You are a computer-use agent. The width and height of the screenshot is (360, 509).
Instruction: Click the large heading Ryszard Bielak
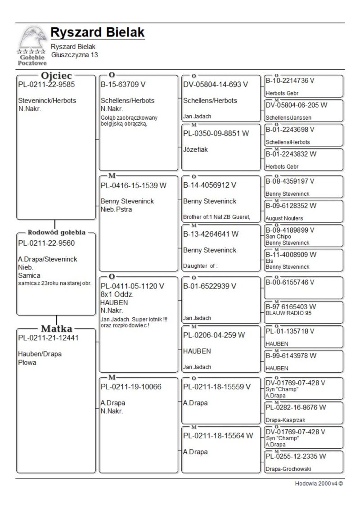point(98,32)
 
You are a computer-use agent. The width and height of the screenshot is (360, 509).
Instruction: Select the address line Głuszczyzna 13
point(74,55)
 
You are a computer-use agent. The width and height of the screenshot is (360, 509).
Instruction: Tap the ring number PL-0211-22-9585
point(46,84)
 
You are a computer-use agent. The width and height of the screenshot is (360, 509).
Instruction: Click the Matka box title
point(57,329)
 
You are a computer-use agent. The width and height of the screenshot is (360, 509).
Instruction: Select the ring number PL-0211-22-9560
point(46,243)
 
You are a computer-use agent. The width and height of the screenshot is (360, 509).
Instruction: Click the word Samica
point(29,275)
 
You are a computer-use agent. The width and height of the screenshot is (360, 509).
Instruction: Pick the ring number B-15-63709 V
point(123,84)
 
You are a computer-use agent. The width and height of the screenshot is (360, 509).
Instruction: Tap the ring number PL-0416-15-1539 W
point(134,185)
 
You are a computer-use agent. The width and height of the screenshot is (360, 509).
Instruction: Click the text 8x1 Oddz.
point(117,294)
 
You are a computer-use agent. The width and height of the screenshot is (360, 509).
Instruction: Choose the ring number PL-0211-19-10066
point(131,387)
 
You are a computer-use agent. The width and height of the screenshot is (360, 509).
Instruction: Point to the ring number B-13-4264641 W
point(211,234)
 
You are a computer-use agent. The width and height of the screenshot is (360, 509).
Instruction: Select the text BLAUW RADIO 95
point(288,313)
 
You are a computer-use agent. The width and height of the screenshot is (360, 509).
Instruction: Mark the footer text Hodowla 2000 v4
point(319,484)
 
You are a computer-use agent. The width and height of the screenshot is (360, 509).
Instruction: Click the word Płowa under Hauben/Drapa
point(27,362)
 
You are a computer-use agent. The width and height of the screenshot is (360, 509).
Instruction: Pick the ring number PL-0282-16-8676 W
point(296,407)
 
